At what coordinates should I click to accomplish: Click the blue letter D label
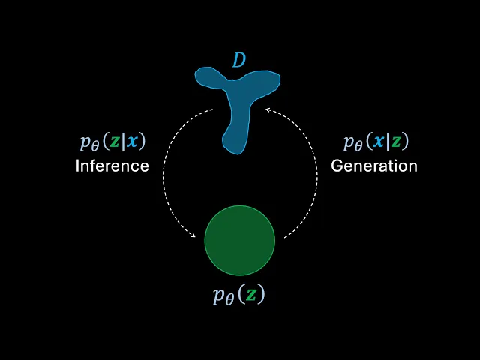pos(238,60)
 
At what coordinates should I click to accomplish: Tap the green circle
pos(240,240)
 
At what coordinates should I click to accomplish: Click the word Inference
pos(112,166)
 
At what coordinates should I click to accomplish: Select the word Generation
pos(374,166)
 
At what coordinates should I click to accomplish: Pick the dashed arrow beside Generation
pos(309,172)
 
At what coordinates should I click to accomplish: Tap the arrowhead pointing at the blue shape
pos(268,111)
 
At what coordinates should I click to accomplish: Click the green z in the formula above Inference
pos(115,142)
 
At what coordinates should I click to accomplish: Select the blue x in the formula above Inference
pos(132,142)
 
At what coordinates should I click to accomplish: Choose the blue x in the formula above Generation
pos(379,142)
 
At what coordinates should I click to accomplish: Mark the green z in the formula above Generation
pos(395,142)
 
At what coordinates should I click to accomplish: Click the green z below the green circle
pos(251,295)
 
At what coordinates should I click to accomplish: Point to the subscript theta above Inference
pos(94,145)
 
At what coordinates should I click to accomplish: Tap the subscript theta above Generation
pos(358,145)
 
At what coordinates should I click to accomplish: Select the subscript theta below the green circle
pos(228,298)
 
